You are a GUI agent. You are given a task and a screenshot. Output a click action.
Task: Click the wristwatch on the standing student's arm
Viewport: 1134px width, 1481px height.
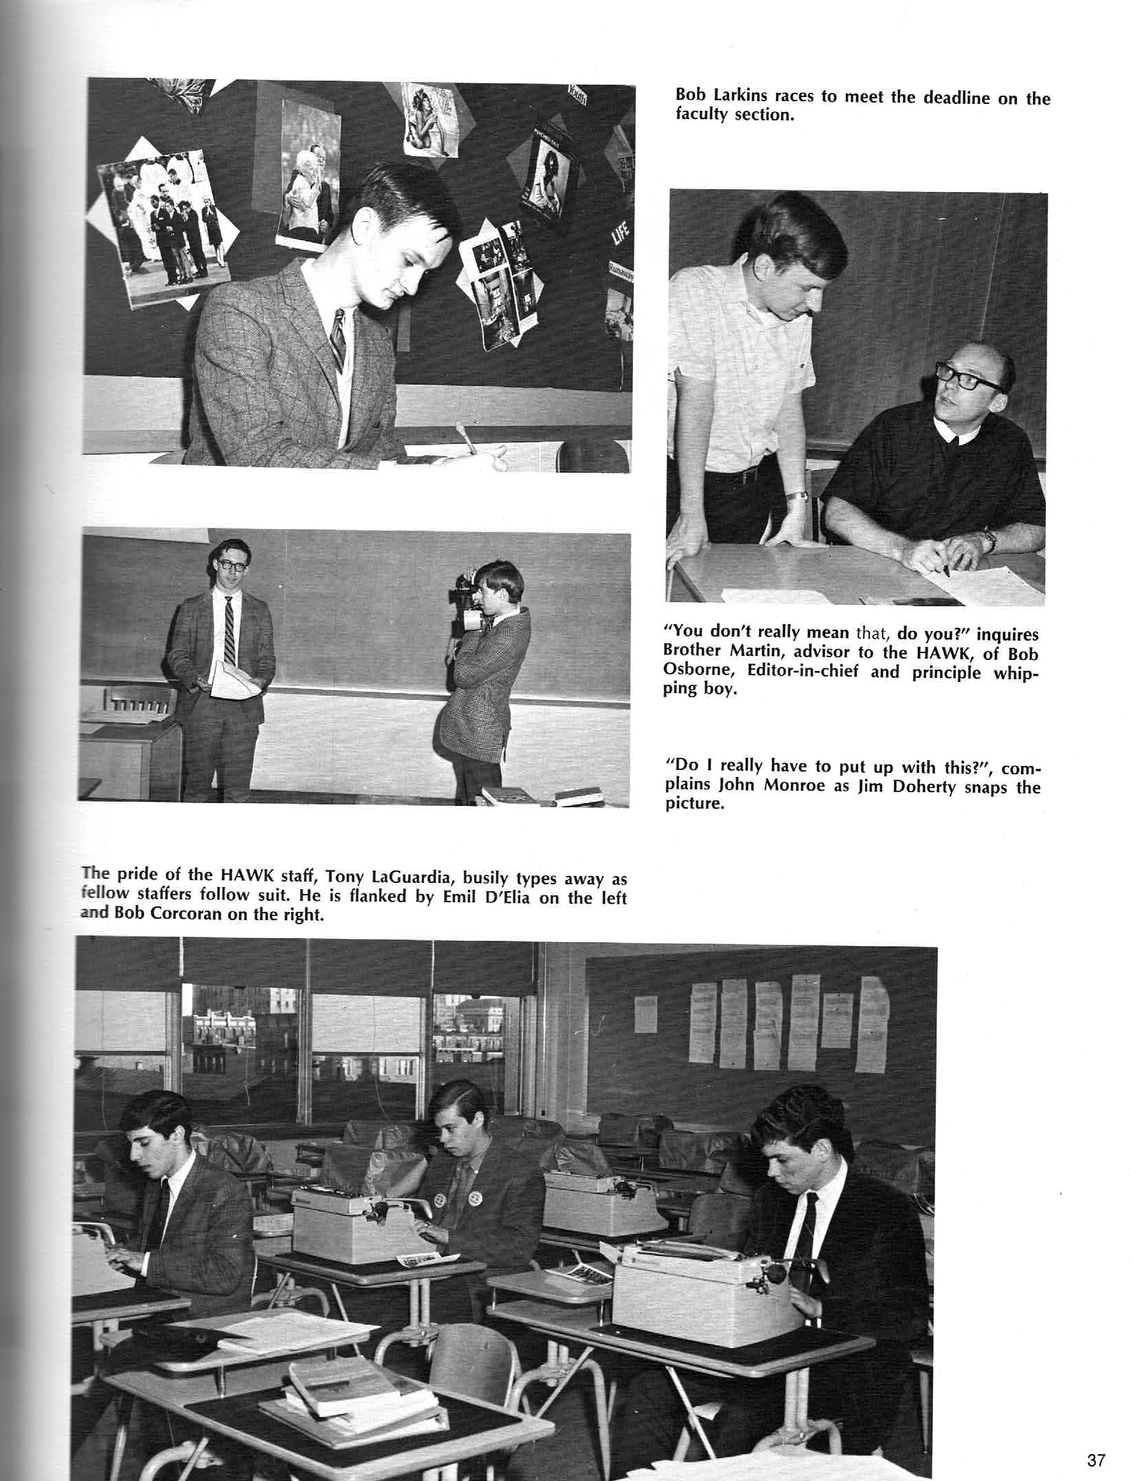(797, 496)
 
